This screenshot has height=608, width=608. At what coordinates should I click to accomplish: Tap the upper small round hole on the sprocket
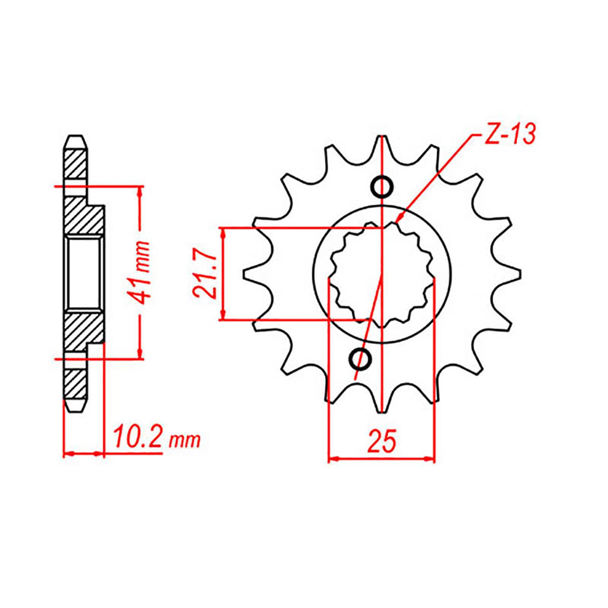pyautogui.click(x=381, y=187)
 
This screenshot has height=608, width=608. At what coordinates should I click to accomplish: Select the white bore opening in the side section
pyautogui.click(x=85, y=274)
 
